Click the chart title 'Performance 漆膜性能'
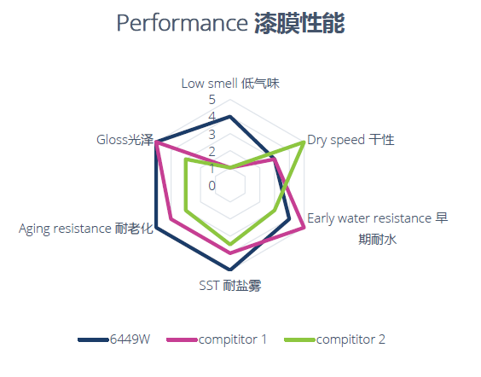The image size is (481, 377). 230,23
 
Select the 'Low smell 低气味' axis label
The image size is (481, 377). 230,84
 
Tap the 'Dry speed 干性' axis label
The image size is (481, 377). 351,140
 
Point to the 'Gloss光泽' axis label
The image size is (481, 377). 125,140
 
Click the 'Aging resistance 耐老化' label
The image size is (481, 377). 86,229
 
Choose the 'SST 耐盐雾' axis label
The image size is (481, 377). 230,286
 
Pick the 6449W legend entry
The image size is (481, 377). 114,339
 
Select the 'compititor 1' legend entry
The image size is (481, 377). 217,339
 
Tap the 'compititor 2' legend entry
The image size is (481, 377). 334,339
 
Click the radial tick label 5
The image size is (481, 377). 212,100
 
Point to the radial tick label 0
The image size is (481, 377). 212,186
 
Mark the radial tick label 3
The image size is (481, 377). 212,135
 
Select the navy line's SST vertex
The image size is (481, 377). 230,270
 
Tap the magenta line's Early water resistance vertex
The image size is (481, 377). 304,227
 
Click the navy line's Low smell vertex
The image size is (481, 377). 230,116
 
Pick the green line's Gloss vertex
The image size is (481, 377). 186,159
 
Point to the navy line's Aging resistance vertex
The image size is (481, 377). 156,227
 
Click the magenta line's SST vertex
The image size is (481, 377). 230,253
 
